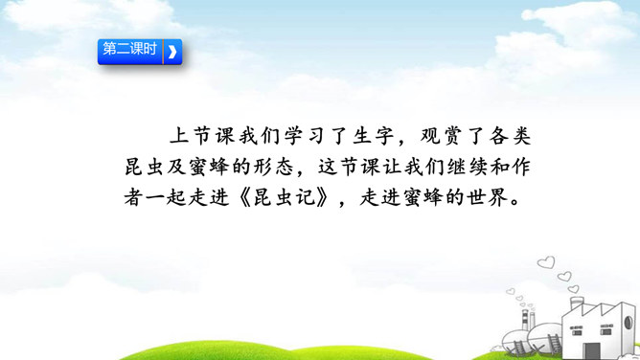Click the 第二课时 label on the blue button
coord(129,49)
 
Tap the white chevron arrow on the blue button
coord(172,52)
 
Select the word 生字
coord(373,136)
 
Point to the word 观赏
coord(442,136)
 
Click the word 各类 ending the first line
coord(510,136)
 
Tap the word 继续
coord(467,168)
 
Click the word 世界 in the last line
coord(488,198)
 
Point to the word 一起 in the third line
coord(166,198)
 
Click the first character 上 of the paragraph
coord(179,136)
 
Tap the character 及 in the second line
coord(177,168)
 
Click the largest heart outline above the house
coord(546,262)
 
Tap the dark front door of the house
coord(591,350)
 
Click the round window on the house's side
coord(629,323)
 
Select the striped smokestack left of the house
coord(525,320)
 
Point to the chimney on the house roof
coord(577,304)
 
